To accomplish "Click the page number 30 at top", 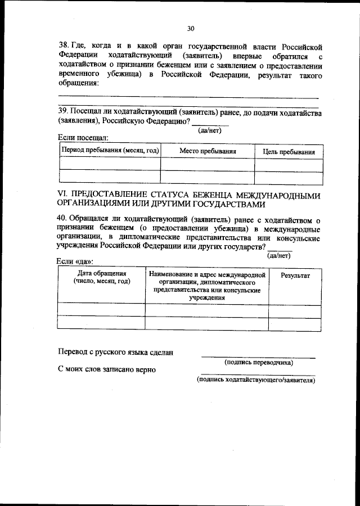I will tap(190, 29).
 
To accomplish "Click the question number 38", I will tap(64, 45).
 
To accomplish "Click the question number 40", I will tap(63, 219).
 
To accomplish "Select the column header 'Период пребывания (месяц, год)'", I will tap(110, 151).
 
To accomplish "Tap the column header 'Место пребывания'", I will tap(207, 151).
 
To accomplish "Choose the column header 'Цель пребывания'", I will tap(289, 152).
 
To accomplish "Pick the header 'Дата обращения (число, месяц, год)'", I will tap(101, 277).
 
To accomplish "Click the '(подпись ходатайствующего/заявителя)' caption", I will tap(256, 380).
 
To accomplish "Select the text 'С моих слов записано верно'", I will tap(107, 369).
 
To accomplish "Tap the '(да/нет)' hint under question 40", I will tap(279, 255).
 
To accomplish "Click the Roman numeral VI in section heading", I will tap(62, 195).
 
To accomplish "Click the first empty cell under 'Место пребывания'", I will tap(207, 164).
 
